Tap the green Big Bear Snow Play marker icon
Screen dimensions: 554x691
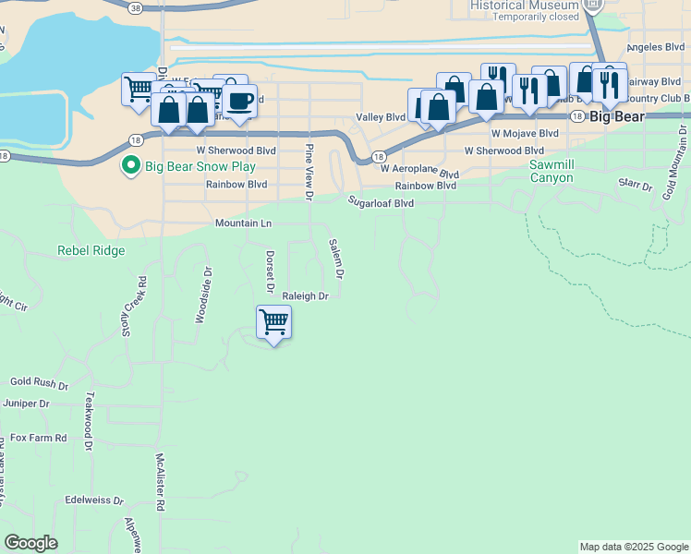tap(131, 167)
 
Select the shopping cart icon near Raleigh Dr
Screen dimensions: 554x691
tap(273, 323)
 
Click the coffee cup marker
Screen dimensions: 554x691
tap(239, 102)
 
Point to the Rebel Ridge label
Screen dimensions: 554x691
tap(91, 250)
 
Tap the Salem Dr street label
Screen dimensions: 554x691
tap(337, 259)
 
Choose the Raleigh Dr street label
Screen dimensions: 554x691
tap(306, 296)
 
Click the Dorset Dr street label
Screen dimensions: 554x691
tap(270, 272)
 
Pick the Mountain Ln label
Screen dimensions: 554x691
tap(244, 223)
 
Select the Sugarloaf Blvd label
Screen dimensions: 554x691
tap(381, 202)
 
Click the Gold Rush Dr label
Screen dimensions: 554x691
tap(40, 381)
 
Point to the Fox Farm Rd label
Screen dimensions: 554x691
tap(39, 438)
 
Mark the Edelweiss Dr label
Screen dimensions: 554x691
tap(94, 500)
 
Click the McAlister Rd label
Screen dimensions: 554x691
tap(160, 482)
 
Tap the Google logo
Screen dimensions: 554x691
tap(30, 543)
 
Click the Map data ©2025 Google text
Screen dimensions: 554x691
tap(633, 547)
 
